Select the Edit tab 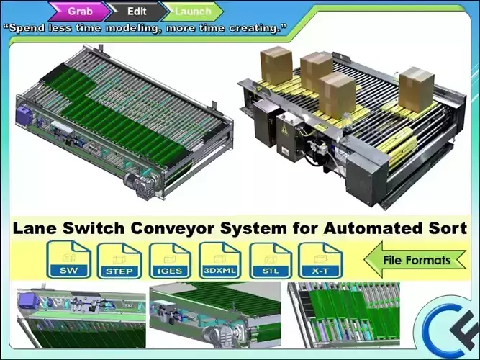click(x=137, y=12)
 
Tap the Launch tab click(x=193, y=12)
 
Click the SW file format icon click(x=69, y=259)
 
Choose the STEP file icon click(x=119, y=261)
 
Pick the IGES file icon click(x=170, y=261)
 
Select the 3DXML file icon click(x=219, y=260)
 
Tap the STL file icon click(x=271, y=261)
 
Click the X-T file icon click(x=320, y=260)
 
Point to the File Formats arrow click(x=415, y=259)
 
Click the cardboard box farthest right click(x=417, y=89)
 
